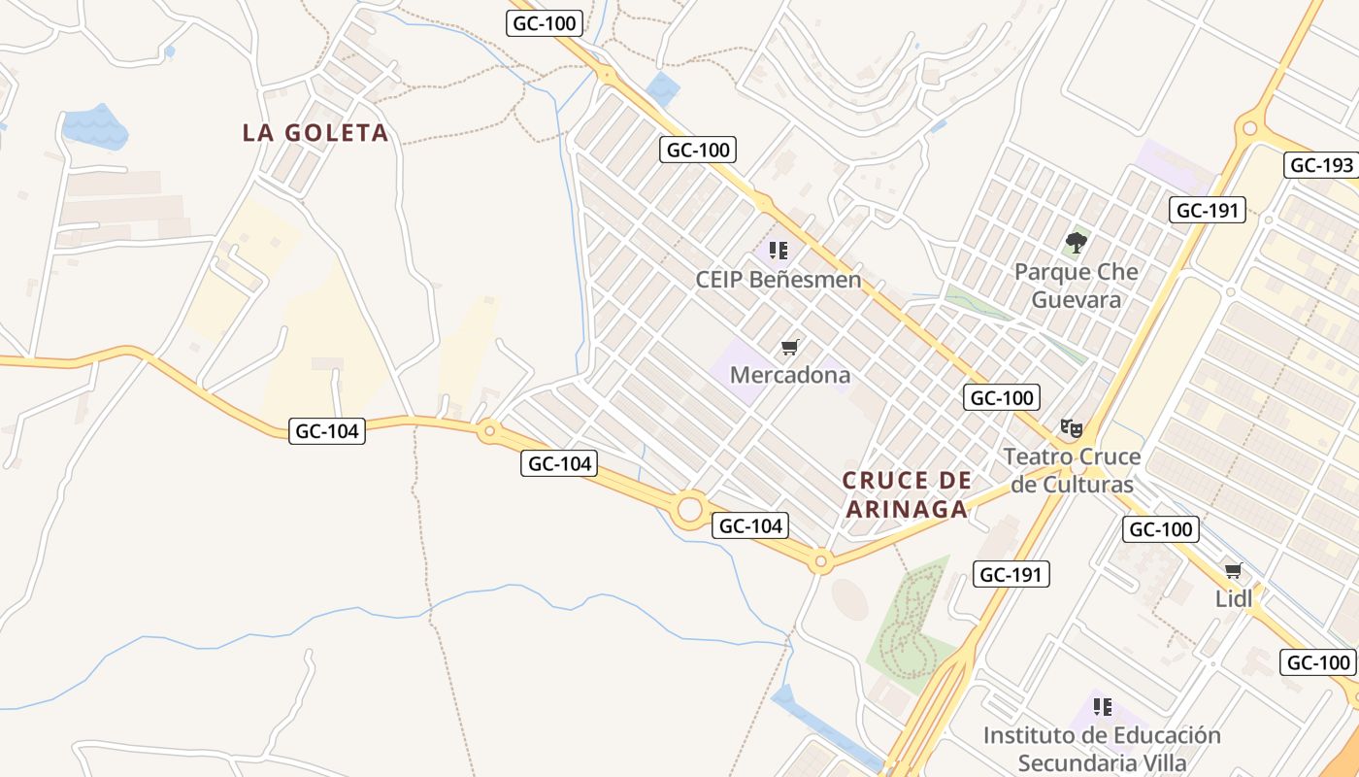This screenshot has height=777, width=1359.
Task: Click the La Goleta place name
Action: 315,133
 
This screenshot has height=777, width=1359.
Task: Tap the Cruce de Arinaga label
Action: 907,494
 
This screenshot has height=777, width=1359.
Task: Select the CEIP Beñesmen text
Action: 778,280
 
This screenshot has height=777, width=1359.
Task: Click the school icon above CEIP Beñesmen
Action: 778,251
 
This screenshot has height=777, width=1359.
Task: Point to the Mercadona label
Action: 789,375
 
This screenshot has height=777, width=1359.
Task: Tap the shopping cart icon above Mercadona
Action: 790,347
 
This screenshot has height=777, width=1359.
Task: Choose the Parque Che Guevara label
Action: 1076,286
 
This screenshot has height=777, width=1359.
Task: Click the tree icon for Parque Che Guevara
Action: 1076,242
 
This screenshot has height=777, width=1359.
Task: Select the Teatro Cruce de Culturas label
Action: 1071,470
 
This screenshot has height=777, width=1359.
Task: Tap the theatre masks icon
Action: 1071,427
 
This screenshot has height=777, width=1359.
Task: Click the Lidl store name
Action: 1234,599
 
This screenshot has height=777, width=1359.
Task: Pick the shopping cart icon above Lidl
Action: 1233,570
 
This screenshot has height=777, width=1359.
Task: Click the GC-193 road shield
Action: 1321,165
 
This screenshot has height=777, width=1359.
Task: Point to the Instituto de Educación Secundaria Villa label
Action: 1101,748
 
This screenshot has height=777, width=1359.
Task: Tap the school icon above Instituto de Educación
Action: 1102,706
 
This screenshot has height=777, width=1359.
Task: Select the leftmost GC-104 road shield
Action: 327,431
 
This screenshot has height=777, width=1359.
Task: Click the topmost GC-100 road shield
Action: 545,23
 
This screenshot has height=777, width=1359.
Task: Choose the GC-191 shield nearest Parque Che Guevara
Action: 1208,210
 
